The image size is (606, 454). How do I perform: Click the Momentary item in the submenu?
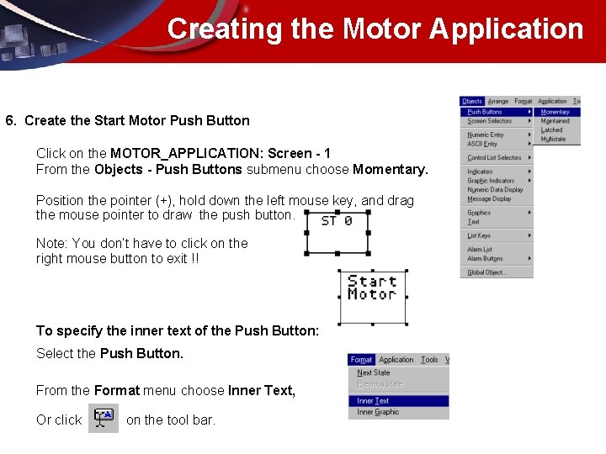click(555, 112)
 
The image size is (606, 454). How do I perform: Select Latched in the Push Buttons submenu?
click(552, 130)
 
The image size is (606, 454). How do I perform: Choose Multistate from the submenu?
click(553, 140)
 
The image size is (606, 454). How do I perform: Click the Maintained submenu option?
click(555, 121)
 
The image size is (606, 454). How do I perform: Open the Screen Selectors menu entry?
click(490, 121)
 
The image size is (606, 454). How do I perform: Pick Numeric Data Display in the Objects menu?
click(495, 190)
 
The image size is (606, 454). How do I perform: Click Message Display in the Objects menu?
click(489, 199)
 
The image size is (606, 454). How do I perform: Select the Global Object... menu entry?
click(487, 272)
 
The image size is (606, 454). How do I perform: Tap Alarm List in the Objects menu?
click(480, 250)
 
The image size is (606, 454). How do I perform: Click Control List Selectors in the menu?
click(494, 158)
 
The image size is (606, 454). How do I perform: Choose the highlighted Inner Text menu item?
click(373, 401)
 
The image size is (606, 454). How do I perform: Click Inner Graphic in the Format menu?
click(378, 412)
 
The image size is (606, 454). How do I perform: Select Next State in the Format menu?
click(374, 372)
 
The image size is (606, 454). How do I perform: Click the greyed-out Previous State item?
click(380, 383)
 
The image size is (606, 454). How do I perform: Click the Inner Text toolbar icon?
click(104, 419)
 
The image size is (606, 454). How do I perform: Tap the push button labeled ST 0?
click(337, 233)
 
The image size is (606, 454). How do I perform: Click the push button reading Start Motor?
click(372, 296)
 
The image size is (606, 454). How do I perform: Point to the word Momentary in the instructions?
click(390, 169)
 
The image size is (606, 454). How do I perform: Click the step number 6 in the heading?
click(9, 120)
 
